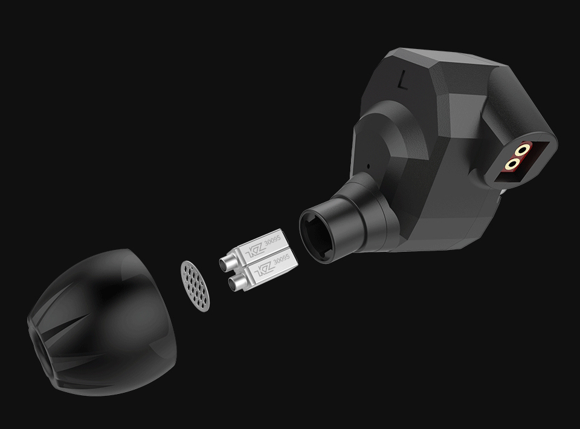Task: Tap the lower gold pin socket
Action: click(514, 163)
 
